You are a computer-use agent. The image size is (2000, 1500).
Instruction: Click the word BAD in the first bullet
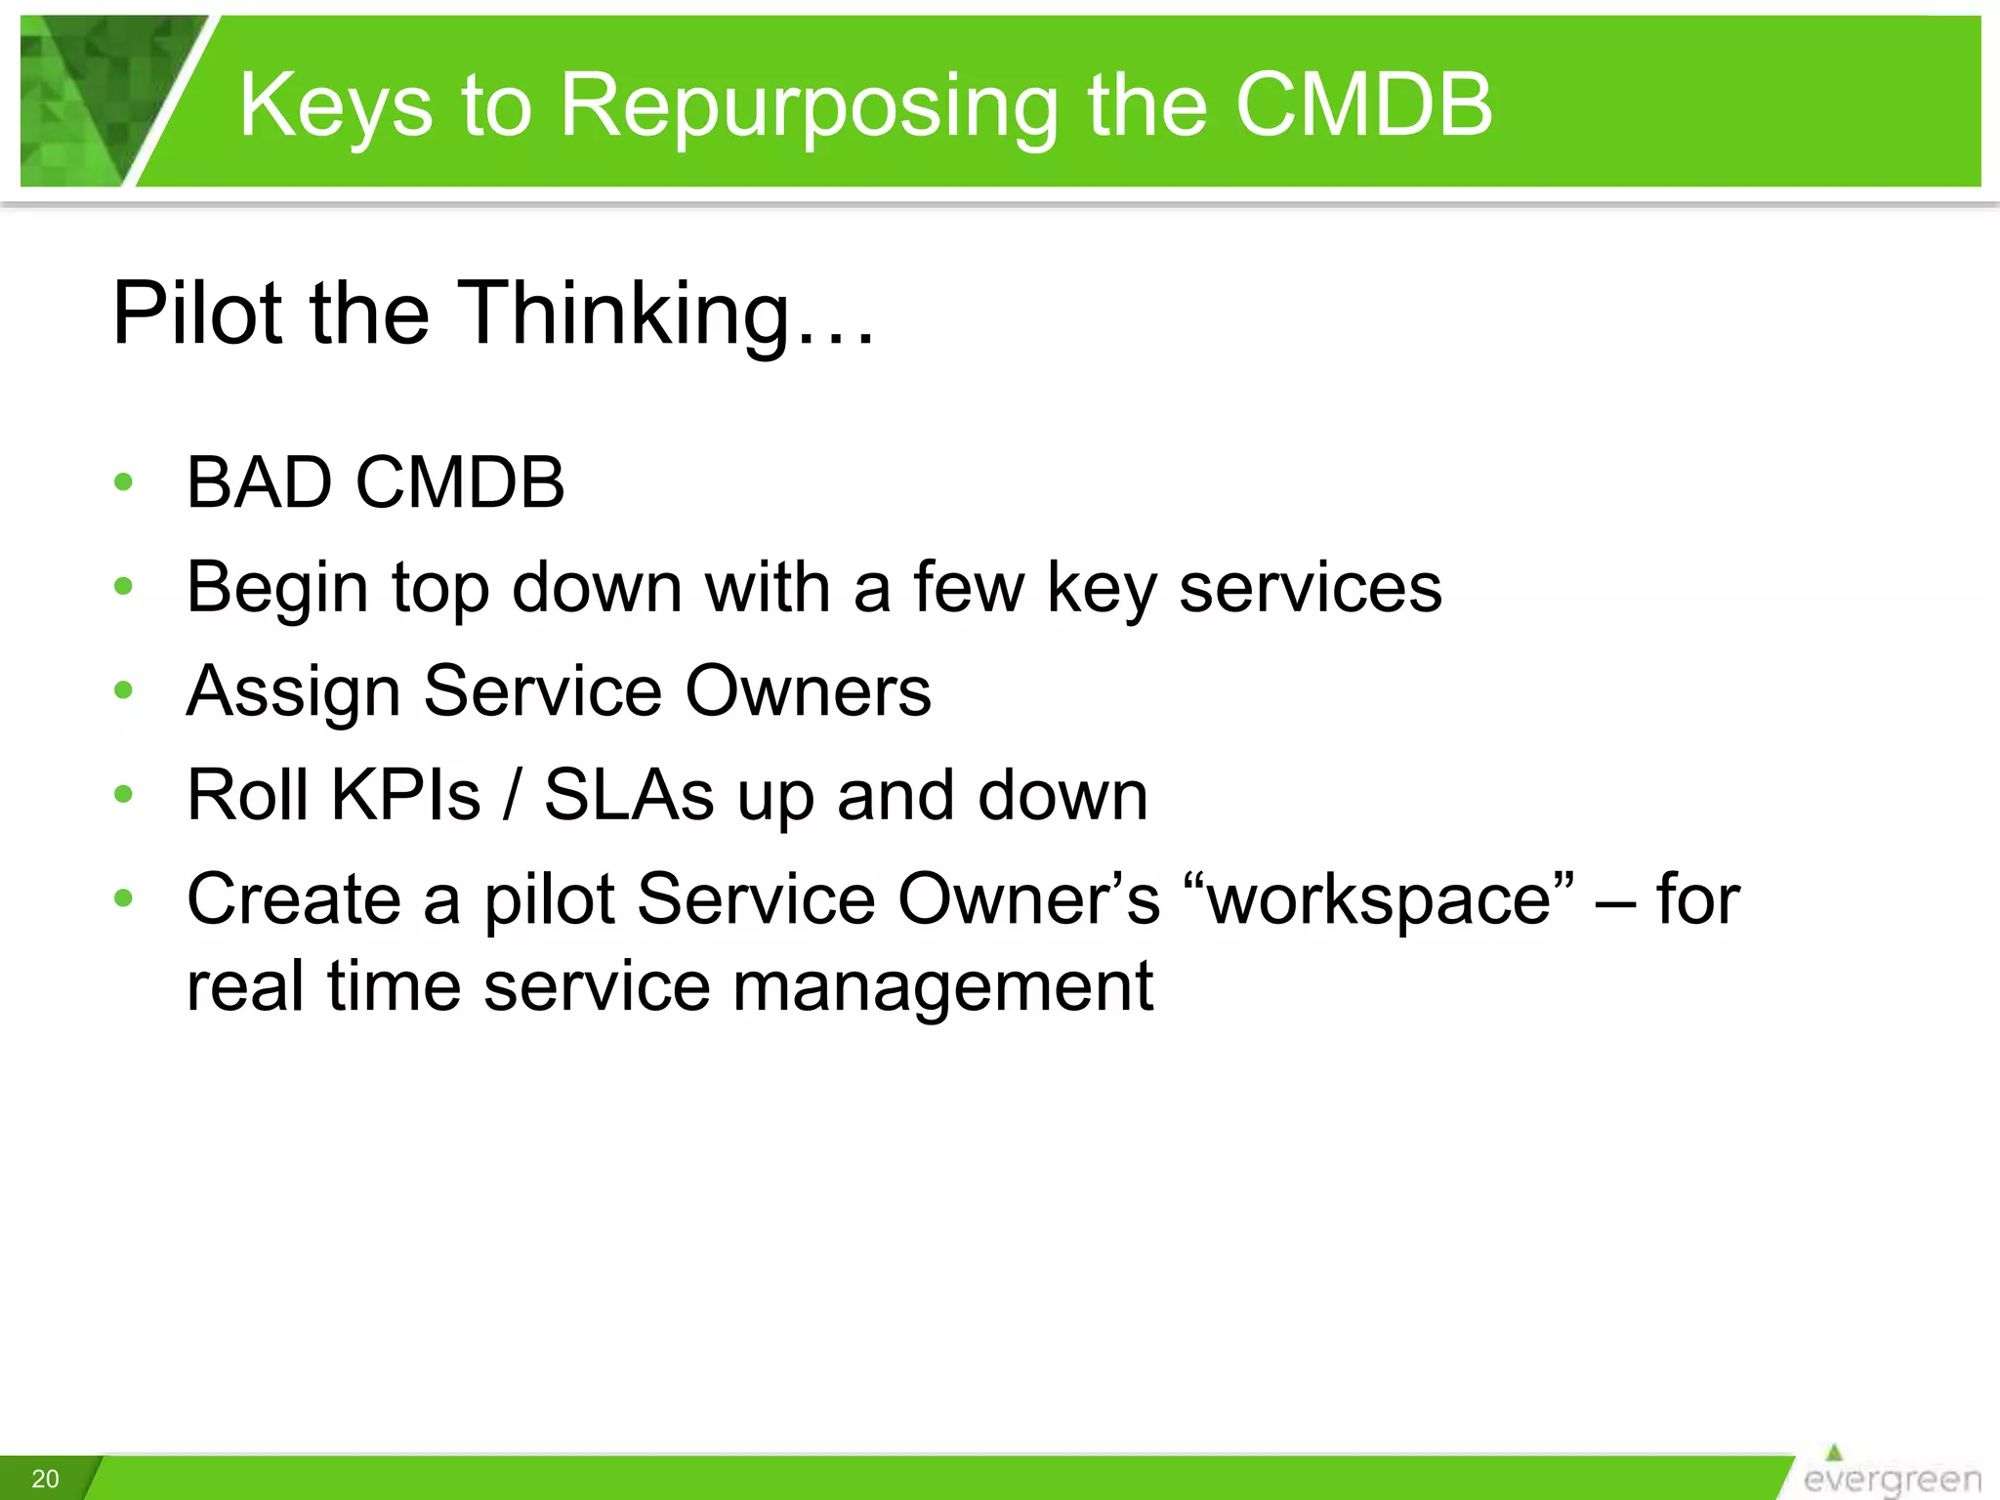point(259,482)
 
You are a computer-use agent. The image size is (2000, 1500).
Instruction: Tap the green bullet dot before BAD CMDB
point(123,481)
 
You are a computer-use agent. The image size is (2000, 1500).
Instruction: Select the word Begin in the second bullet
point(276,588)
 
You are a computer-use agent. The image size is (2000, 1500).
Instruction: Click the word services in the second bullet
point(1310,588)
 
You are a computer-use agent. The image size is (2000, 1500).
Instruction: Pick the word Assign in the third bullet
point(293,691)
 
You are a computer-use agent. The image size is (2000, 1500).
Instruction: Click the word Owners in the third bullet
point(808,691)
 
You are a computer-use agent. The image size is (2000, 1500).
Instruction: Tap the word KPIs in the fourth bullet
point(405,795)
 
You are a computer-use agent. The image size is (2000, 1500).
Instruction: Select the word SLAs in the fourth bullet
point(629,795)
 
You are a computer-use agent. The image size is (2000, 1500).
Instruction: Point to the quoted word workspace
point(1378,899)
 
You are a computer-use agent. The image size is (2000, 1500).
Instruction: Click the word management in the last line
point(942,986)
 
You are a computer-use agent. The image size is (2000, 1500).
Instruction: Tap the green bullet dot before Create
point(123,897)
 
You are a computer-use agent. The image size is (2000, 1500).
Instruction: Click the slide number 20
point(45,1479)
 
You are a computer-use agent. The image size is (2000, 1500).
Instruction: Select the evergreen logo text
point(1892,1479)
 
